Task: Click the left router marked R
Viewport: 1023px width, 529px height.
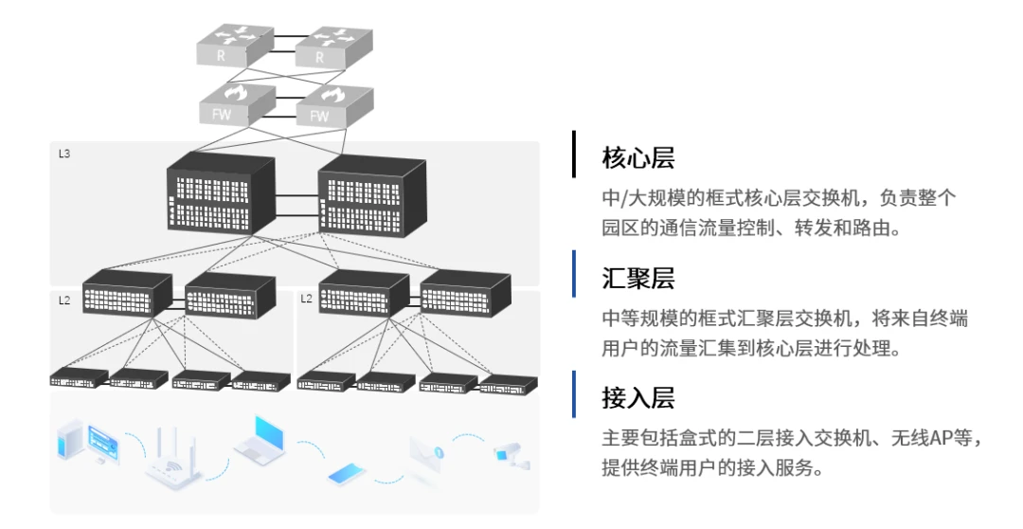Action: click(235, 45)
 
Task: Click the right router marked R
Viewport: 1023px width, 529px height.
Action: click(334, 46)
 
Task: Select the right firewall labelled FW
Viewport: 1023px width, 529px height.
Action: click(334, 106)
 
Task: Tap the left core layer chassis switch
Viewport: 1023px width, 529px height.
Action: click(221, 192)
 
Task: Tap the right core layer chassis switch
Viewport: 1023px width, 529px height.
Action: click(372, 193)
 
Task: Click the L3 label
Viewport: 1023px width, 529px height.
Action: click(64, 155)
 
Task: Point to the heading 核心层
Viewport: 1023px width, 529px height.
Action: click(638, 158)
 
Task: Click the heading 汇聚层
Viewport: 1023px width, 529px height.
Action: click(638, 278)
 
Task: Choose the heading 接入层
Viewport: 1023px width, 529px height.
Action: click(638, 398)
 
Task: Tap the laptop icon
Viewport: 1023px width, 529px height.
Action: click(260, 437)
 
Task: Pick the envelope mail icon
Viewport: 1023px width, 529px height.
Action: click(426, 454)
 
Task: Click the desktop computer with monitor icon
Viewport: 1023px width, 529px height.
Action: click(89, 442)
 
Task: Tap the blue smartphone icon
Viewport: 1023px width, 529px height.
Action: click(348, 474)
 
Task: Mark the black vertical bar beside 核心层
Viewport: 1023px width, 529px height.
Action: click(574, 155)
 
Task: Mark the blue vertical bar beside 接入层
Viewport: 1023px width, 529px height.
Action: click(574, 393)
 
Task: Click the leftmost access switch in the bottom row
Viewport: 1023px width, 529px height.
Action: click(79, 377)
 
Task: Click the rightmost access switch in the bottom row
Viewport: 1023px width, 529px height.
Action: click(509, 383)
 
